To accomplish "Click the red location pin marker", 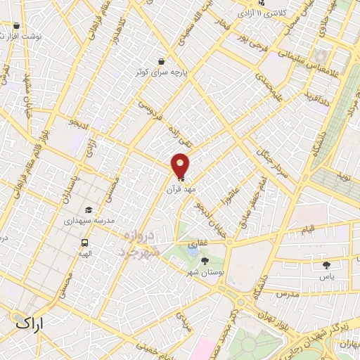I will pyautogui.click(x=181, y=165).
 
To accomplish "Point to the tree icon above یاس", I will pyautogui.click(x=326, y=265).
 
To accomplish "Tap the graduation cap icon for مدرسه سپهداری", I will pyautogui.click(x=89, y=210).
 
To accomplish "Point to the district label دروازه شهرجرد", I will pyautogui.click(x=139, y=243).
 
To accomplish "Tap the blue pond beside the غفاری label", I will pyautogui.click(x=193, y=246).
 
